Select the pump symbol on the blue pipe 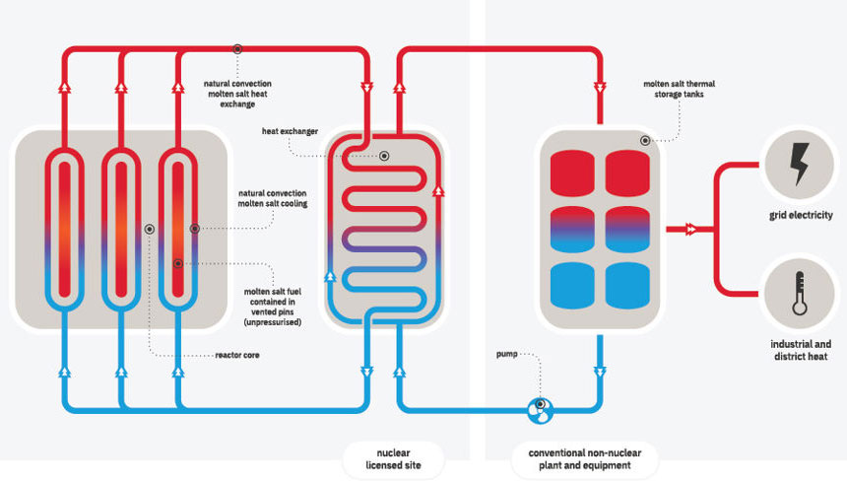click(540, 409)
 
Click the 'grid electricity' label click(801, 215)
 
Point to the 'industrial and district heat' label click(801, 350)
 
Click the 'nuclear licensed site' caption click(393, 458)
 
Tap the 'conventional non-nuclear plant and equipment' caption click(585, 458)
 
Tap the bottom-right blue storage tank click(634, 286)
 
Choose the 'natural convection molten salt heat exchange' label click(242, 93)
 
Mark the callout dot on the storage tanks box click(645, 141)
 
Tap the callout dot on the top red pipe click(237, 49)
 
